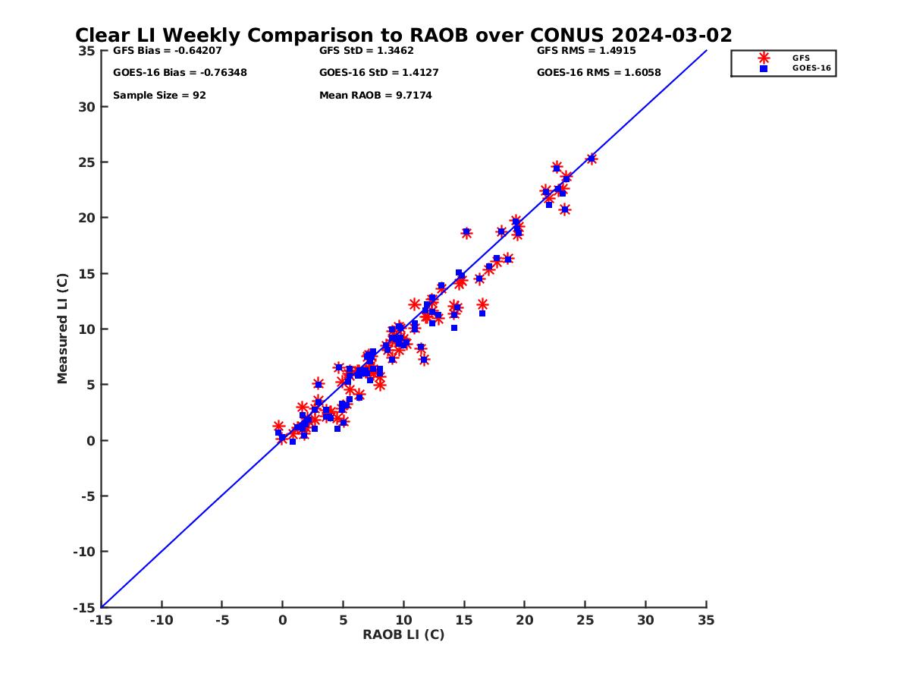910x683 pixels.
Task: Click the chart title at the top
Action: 403,35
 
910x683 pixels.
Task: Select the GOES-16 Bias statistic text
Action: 180,73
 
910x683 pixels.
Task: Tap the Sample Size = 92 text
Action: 159,96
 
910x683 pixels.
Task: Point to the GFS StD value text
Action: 366,51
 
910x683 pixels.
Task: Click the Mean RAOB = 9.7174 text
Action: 375,96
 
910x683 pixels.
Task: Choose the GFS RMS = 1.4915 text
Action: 586,51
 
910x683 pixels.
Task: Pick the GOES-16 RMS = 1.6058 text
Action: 598,73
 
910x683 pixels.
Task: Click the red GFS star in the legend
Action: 764,58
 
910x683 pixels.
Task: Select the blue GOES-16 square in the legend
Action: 764,68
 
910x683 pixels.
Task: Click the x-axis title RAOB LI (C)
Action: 403,634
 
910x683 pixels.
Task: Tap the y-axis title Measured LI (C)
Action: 62,329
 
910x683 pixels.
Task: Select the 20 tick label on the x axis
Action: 525,620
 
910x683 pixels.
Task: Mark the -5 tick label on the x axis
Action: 221,620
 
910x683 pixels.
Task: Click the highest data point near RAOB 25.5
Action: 591,159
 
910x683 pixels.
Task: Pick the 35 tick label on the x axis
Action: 706,620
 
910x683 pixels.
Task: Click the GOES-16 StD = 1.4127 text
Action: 378,73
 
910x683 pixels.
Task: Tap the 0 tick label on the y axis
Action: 90,441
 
